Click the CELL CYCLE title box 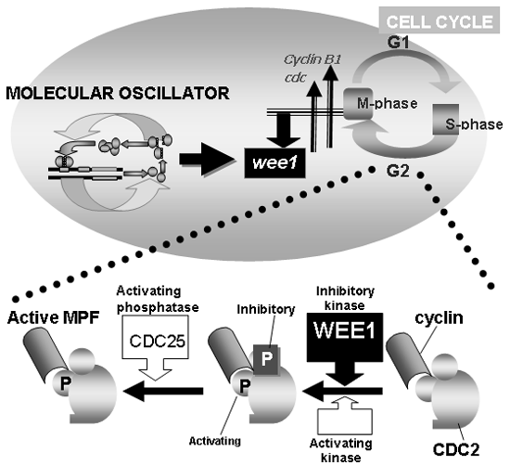439,20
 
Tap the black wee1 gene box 274,162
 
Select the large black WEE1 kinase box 345,337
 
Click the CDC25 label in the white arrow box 158,341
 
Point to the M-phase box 358,104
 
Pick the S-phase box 446,120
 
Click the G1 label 398,43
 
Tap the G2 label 398,171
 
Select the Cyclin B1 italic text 312,60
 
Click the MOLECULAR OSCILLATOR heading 118,94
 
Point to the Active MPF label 54,317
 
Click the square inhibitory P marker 266,358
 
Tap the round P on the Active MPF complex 64,382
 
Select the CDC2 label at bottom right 456,450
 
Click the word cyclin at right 439,317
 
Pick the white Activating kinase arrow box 345,415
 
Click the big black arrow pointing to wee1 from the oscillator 207,160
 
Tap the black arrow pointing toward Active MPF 163,391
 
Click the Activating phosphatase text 158,299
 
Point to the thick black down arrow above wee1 284,130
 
